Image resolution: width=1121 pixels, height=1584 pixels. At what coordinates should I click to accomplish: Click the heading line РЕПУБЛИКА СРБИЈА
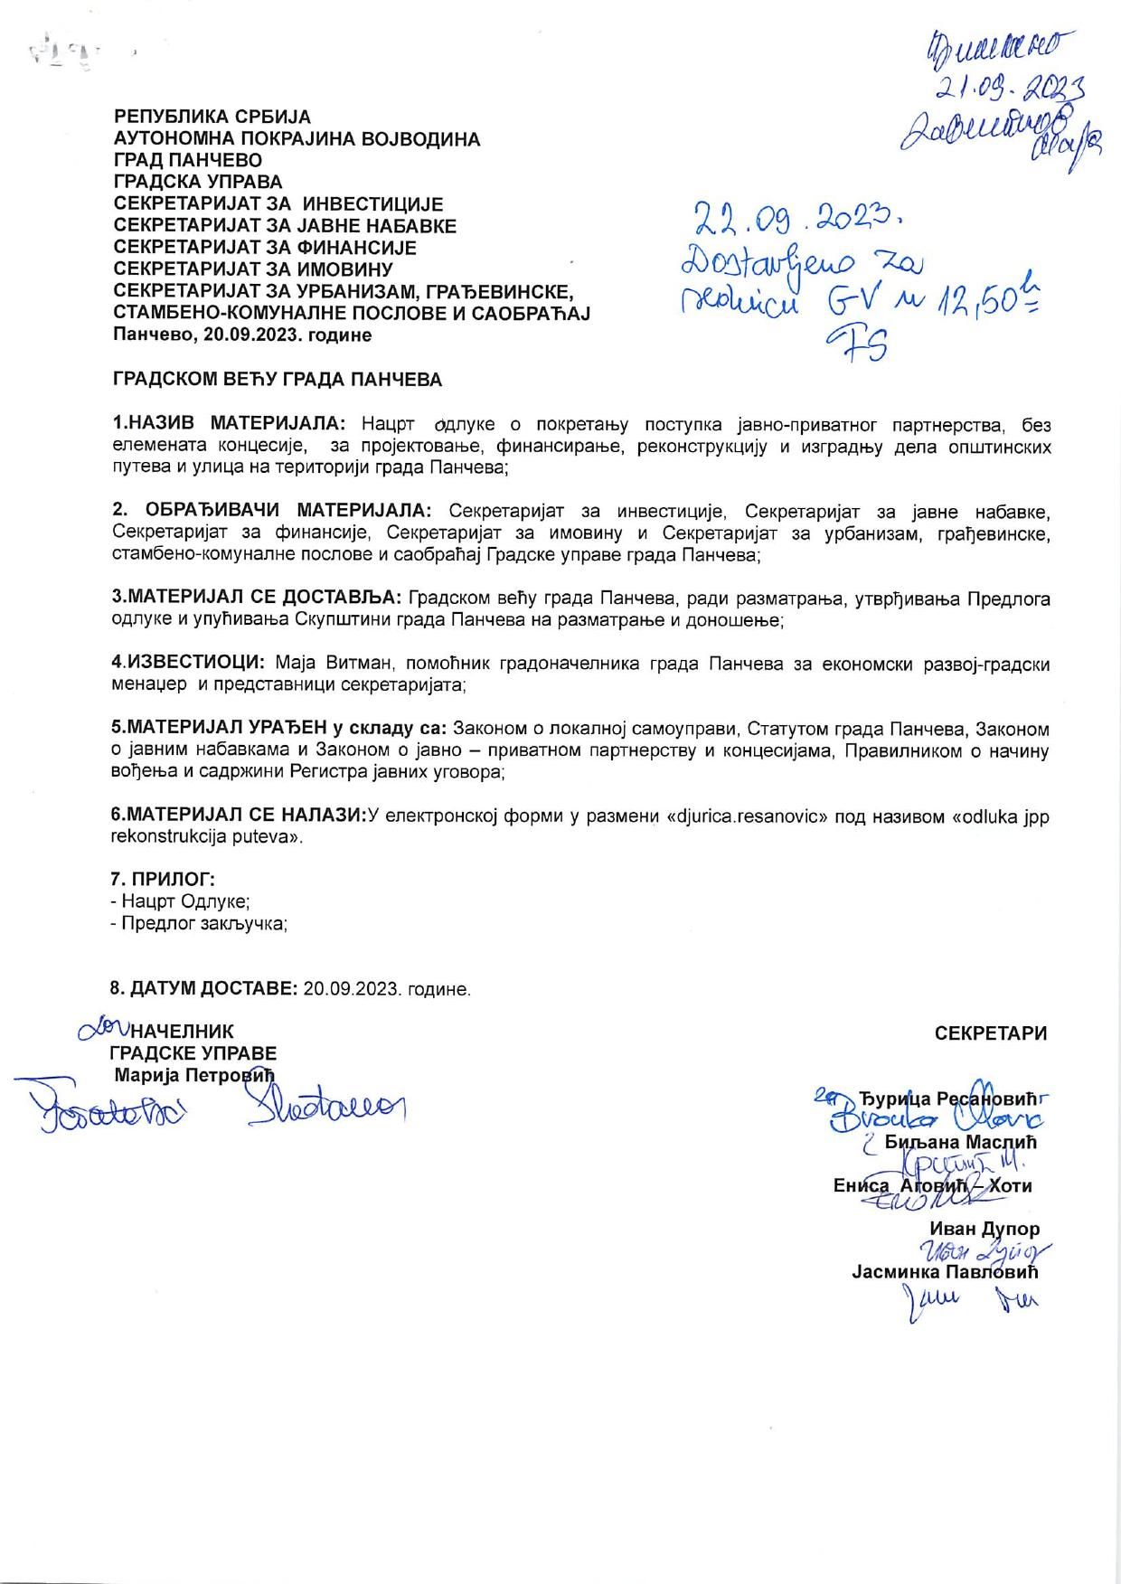click(212, 118)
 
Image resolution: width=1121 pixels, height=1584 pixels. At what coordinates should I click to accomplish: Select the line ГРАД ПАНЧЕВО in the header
click(187, 161)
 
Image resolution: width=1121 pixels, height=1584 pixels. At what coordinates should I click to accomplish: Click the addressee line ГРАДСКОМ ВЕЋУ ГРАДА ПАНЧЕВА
click(278, 380)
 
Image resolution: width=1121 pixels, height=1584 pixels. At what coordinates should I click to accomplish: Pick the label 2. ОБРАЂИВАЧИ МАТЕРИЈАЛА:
click(272, 510)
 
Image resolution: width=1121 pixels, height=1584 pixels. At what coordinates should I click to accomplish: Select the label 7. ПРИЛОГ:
click(162, 879)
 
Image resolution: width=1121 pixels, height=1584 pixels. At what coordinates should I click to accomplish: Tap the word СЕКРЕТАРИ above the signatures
click(991, 1033)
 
